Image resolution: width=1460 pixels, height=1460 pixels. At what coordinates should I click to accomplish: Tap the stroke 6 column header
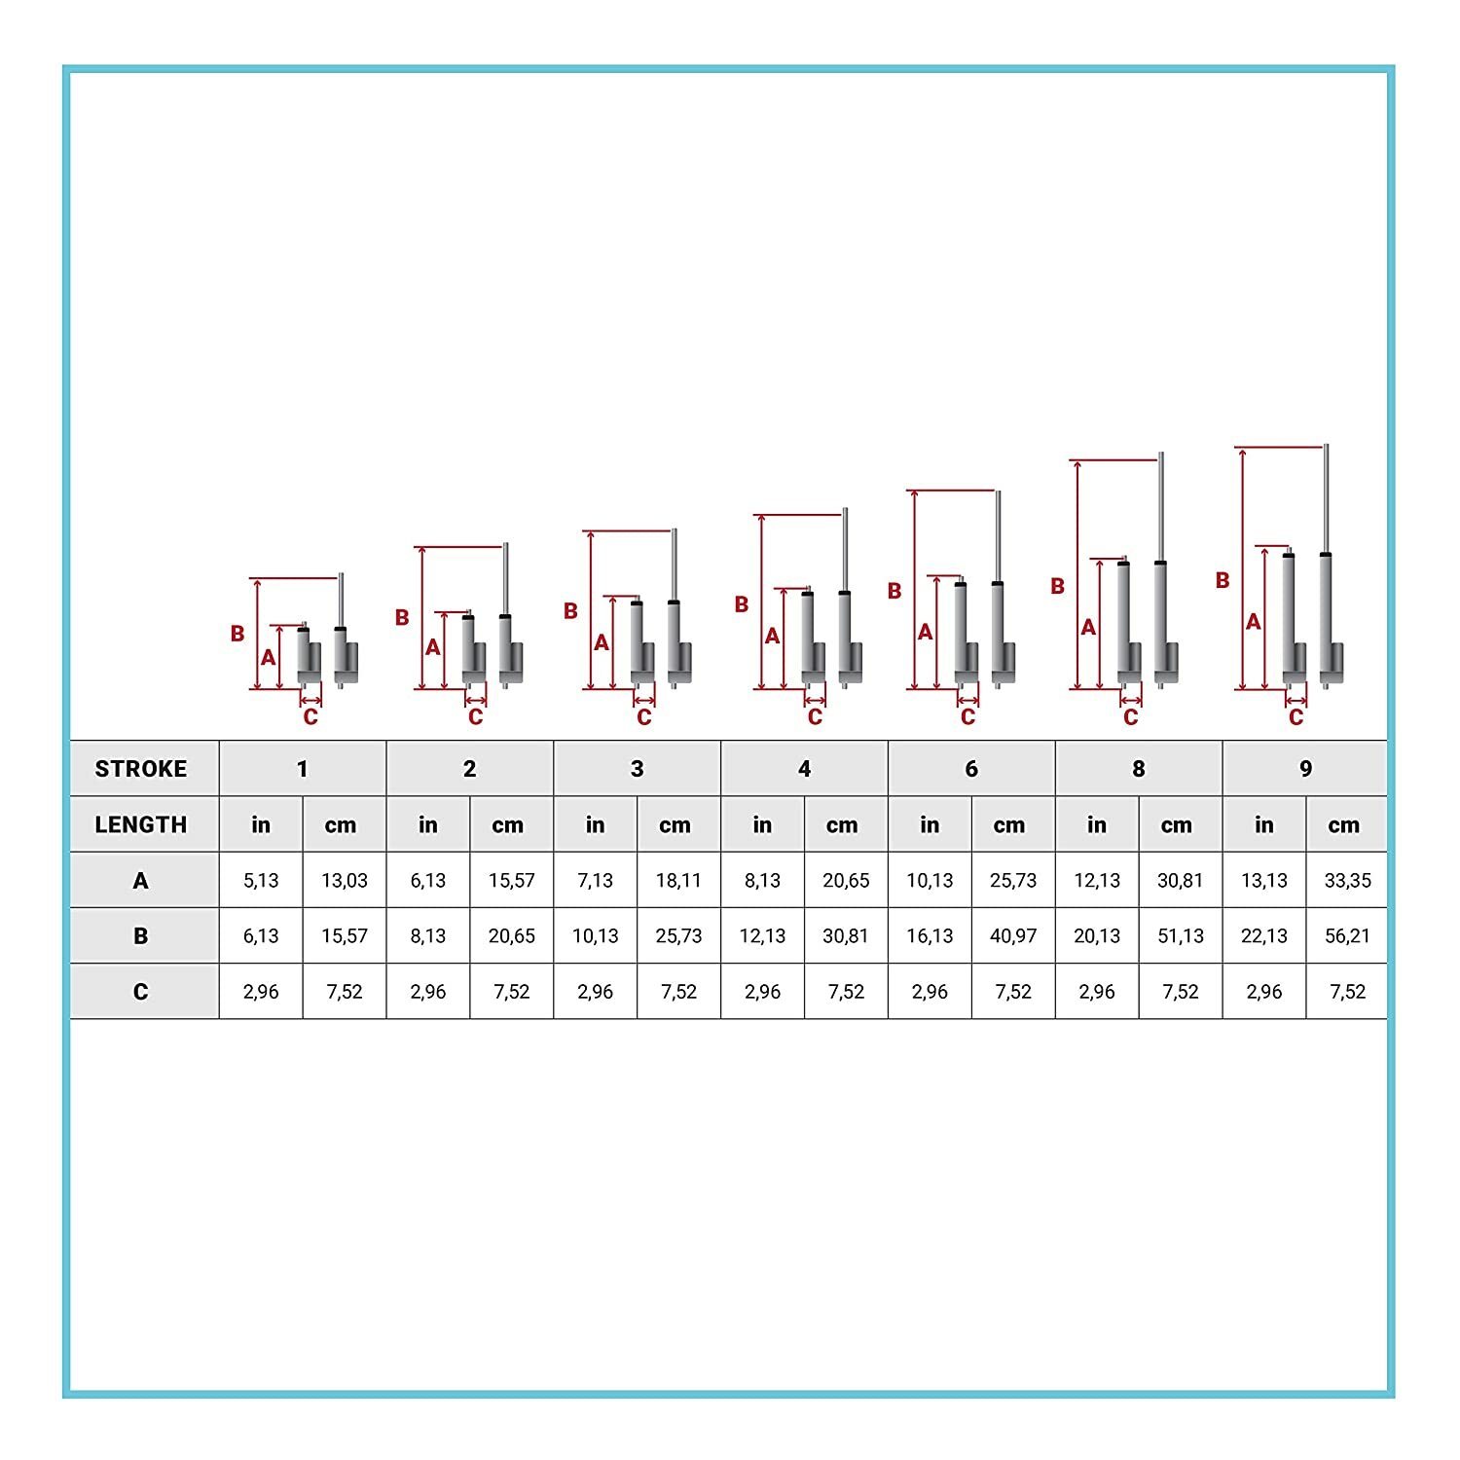(971, 769)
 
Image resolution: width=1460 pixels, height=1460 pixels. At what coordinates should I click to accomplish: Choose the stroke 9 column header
(1305, 769)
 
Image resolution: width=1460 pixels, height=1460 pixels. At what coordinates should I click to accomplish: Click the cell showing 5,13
(261, 881)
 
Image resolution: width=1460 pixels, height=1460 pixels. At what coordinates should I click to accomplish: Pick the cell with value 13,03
(345, 881)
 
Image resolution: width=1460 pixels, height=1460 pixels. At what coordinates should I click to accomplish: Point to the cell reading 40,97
(1013, 936)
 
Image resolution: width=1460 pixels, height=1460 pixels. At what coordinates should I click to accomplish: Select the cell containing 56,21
(1347, 936)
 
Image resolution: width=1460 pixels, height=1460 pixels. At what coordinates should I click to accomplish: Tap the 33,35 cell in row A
(1347, 881)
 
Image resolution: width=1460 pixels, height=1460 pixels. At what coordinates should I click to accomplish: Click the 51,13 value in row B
(1181, 936)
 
